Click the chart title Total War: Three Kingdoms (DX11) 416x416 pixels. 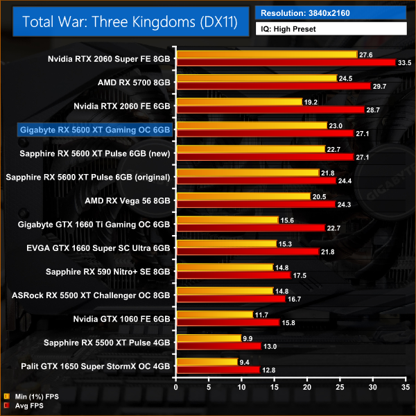pyautogui.click(x=130, y=21)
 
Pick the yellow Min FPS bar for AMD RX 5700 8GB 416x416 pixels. pyautogui.click(x=257, y=78)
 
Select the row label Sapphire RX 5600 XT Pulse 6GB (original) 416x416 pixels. pyautogui.click(x=87, y=177)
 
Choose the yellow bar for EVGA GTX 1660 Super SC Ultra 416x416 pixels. pyautogui.click(x=227, y=243)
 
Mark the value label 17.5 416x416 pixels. pyautogui.click(x=300, y=275)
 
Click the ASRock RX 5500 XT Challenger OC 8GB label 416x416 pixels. pyautogui.click(x=91, y=295)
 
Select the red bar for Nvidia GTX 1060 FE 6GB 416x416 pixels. pyautogui.click(x=227, y=322)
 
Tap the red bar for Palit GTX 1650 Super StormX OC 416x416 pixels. pyautogui.click(x=218, y=369)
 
